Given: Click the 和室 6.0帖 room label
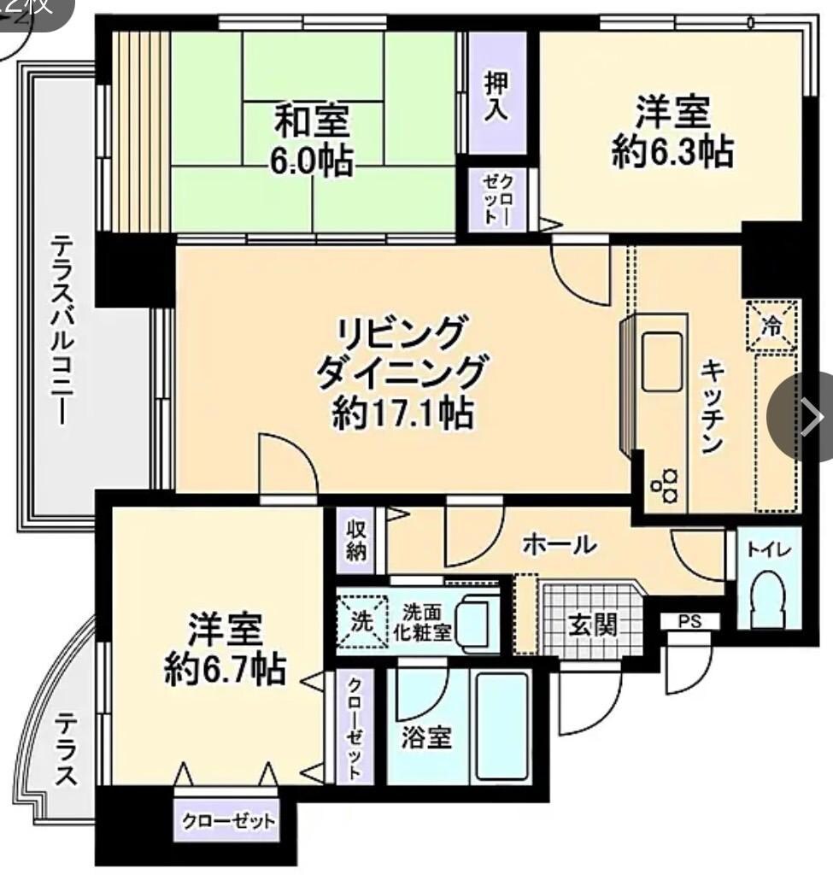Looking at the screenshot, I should pyautogui.click(x=313, y=139).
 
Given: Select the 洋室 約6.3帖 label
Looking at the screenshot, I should pyautogui.click(x=672, y=132).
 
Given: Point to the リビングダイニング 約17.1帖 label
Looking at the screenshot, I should pyautogui.click(x=402, y=372).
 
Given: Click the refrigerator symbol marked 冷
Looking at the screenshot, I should pyautogui.click(x=771, y=326).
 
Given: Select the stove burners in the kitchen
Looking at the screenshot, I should pyautogui.click(x=663, y=484).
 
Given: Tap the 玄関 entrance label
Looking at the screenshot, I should pyautogui.click(x=592, y=625).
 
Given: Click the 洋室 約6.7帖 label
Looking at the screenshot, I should pyautogui.click(x=225, y=649).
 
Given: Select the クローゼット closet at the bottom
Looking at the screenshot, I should pyautogui.click(x=228, y=821).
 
